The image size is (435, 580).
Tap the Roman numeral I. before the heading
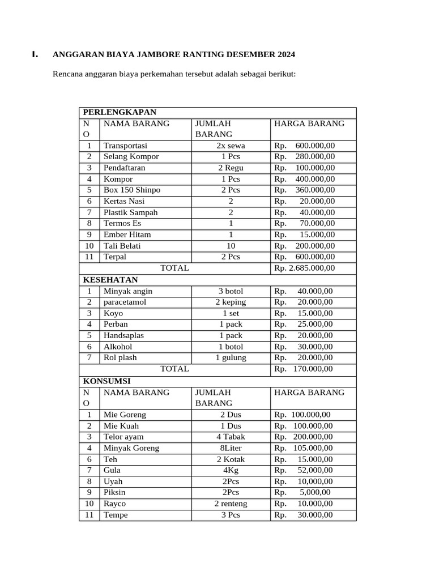click(x=35, y=55)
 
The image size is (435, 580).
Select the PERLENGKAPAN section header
click(x=120, y=112)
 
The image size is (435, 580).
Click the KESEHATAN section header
click(x=110, y=280)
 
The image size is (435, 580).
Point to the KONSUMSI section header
click(x=107, y=381)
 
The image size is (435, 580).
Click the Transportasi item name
click(x=125, y=146)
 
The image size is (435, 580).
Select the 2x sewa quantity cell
click(x=231, y=146)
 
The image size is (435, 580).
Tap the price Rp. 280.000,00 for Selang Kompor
click(x=305, y=156)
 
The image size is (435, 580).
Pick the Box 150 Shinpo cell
click(x=131, y=190)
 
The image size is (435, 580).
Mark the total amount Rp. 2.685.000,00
click(x=305, y=268)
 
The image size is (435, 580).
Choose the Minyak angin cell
click(x=127, y=291)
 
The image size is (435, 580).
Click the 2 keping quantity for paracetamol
click(x=231, y=302)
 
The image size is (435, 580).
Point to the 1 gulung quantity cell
click(x=231, y=357)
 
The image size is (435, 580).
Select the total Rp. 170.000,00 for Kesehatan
click(x=304, y=369)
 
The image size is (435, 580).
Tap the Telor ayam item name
click(x=123, y=437)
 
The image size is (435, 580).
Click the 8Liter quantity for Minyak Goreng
click(x=231, y=448)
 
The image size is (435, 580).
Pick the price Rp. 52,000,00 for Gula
click(x=304, y=470)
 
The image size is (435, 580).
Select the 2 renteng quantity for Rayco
click(x=231, y=504)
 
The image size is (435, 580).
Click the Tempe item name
click(x=116, y=515)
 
